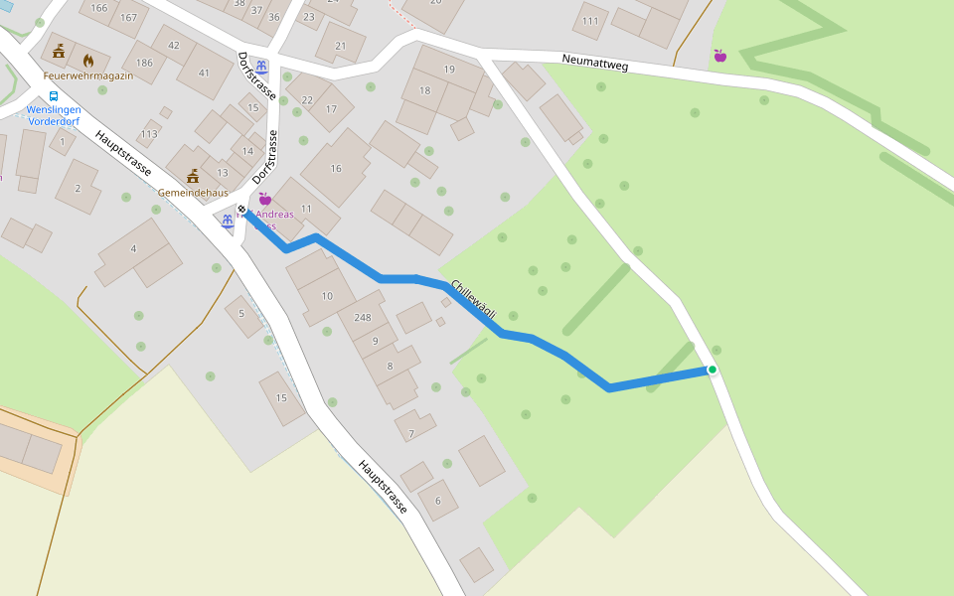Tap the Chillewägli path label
(473, 299)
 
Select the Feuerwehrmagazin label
(87, 75)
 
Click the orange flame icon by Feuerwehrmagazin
(88, 61)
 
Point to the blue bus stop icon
(53, 96)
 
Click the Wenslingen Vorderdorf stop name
(54, 115)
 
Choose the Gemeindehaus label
(193, 193)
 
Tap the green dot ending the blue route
(712, 370)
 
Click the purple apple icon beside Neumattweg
(719, 56)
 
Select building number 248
(362, 318)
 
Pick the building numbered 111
(590, 21)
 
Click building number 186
(144, 63)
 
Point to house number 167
(128, 18)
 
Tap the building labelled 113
(149, 134)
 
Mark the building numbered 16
(336, 169)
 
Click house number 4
(133, 248)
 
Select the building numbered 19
(449, 69)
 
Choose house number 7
(411, 433)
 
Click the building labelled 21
(341, 46)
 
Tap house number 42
(174, 46)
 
